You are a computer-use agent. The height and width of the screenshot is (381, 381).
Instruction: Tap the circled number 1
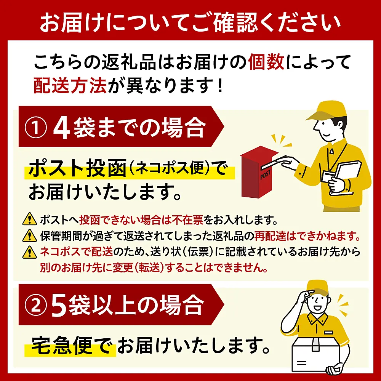[35, 127]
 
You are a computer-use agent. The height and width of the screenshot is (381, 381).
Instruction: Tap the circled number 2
[35, 305]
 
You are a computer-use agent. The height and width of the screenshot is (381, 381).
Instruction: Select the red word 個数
[266, 62]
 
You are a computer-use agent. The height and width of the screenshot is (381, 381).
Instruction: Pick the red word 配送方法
[70, 85]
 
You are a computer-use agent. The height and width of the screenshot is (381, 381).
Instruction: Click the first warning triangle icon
[30, 219]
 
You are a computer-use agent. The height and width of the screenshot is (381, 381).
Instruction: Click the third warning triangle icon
[30, 252]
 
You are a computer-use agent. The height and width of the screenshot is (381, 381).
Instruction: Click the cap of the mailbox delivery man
[326, 111]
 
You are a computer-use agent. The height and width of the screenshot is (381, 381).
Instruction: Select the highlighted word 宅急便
[61, 345]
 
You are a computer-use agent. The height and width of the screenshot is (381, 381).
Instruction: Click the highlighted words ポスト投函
[77, 168]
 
